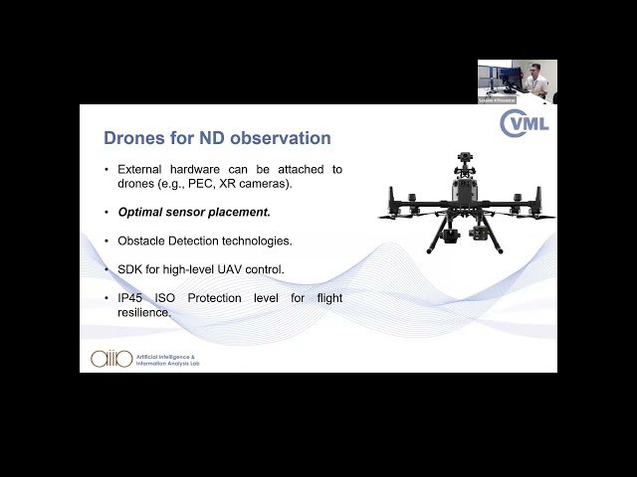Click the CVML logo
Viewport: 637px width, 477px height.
[524, 124]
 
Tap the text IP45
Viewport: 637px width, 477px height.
[132, 298]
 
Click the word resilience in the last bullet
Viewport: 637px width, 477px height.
[144, 312]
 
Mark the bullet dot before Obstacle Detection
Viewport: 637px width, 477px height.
[107, 240]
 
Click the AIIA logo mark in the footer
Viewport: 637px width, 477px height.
[111, 359]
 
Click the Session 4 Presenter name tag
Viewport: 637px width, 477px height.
[497, 100]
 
